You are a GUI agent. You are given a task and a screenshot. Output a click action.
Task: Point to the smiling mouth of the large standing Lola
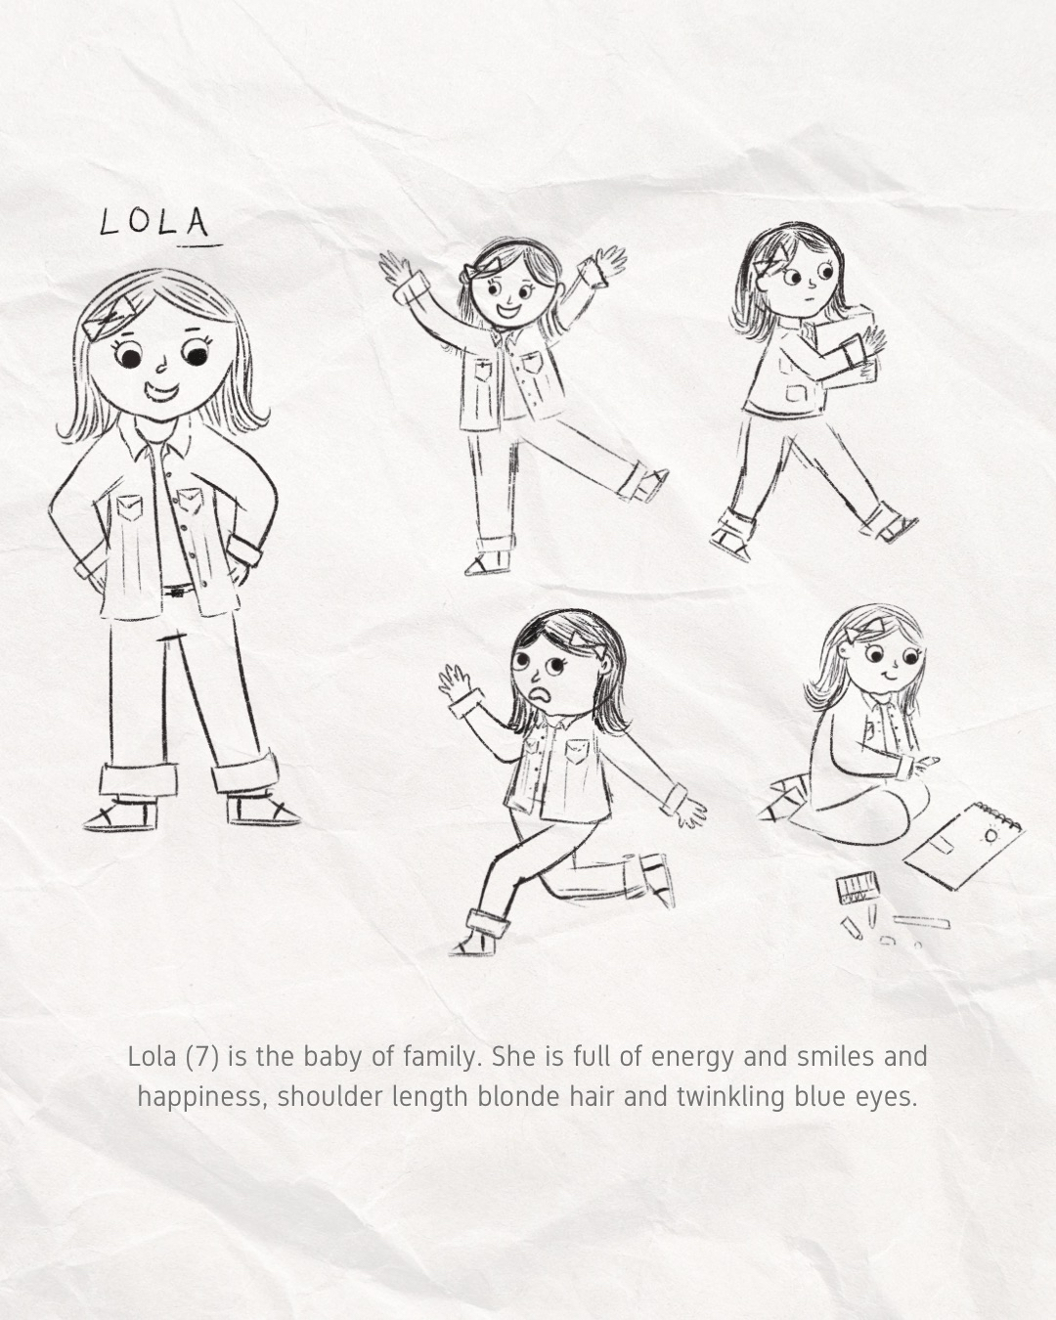(x=162, y=391)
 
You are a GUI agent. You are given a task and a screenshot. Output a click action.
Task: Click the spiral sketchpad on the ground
(x=963, y=845)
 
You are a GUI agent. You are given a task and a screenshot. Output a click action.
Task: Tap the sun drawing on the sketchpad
(x=990, y=835)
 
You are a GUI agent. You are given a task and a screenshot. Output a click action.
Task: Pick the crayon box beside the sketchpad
(x=858, y=890)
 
